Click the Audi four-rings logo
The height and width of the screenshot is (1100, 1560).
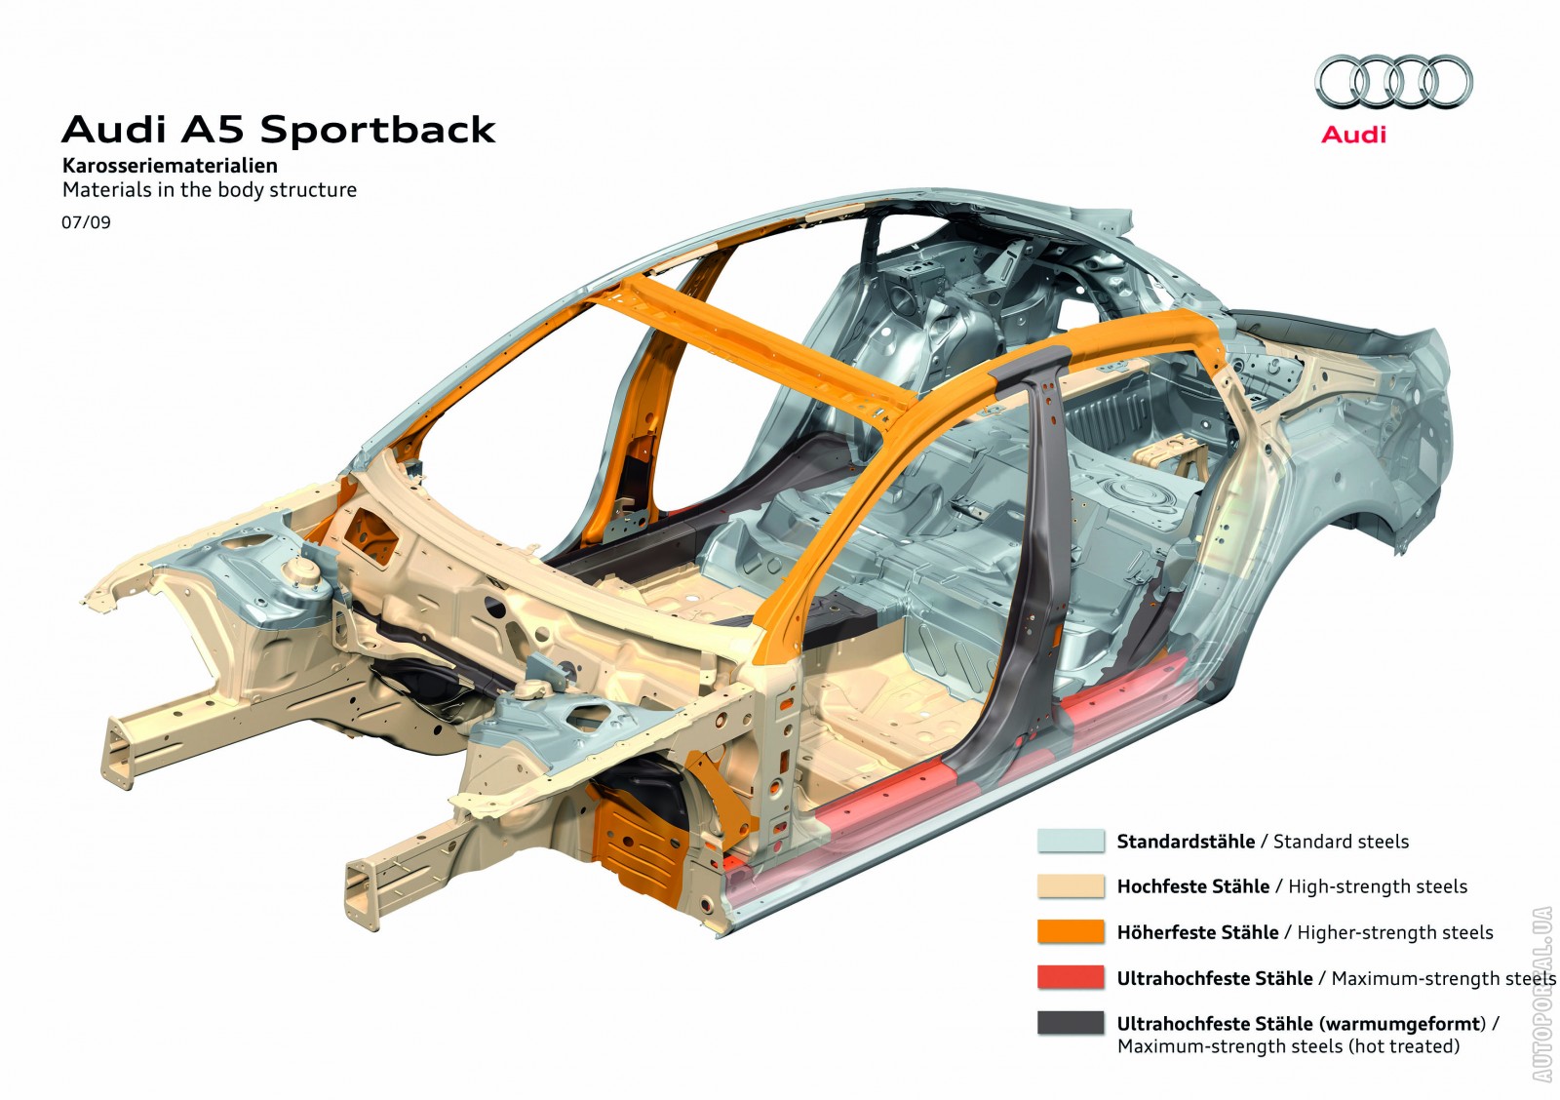tap(1393, 81)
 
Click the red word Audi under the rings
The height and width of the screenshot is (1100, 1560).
tap(1353, 136)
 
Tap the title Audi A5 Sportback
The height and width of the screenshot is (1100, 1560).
tap(279, 130)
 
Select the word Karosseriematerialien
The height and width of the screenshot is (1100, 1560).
tap(170, 166)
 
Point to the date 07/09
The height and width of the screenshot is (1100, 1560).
tap(86, 222)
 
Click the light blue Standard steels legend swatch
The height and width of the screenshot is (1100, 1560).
tap(1071, 841)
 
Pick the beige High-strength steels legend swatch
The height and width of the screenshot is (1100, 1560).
tap(1071, 885)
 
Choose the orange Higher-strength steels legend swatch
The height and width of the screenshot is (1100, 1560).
tap(1071, 931)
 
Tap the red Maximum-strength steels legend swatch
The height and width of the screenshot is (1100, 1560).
tap(1071, 977)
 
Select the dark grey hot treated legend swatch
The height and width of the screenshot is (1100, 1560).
tap(1071, 1023)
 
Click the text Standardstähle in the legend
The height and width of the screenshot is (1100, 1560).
tap(1186, 842)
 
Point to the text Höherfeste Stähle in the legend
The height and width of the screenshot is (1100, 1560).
tap(1197, 932)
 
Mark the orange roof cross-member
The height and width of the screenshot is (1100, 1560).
tap(751, 341)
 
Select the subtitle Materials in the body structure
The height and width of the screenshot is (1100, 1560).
tap(210, 190)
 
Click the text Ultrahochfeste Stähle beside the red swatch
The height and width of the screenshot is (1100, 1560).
tap(1215, 978)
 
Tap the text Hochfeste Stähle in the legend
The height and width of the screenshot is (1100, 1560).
tap(1193, 886)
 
